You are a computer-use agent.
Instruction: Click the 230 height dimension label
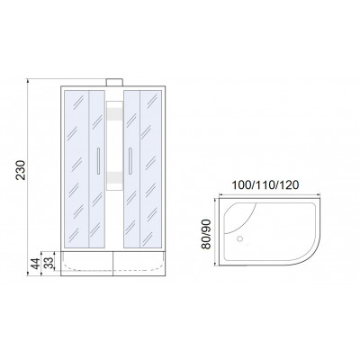(21, 170)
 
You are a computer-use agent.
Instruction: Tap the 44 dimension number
(35, 264)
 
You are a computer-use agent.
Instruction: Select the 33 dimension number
(49, 262)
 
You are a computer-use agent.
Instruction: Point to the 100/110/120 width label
(265, 185)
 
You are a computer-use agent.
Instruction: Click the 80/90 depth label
(206, 234)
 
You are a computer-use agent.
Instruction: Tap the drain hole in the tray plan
(239, 239)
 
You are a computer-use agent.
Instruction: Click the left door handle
(98, 161)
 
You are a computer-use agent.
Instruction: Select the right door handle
(130, 161)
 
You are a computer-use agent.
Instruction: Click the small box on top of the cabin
(114, 83)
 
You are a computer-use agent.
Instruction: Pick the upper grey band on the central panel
(114, 113)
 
